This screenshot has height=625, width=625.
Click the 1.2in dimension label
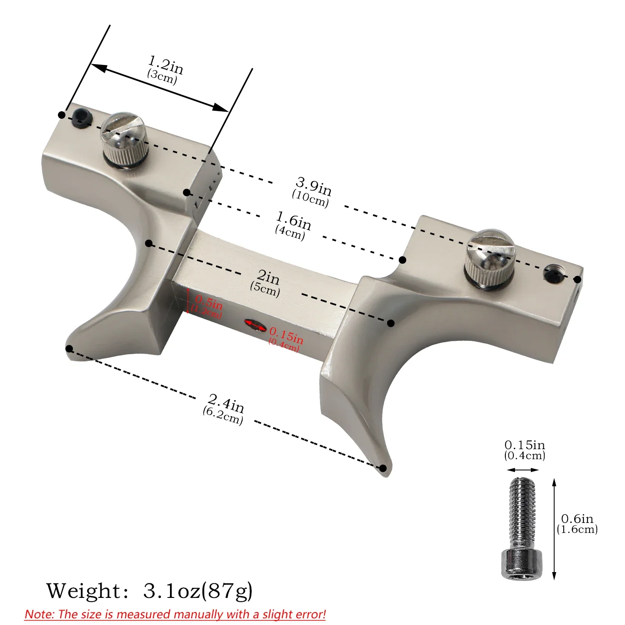(165, 69)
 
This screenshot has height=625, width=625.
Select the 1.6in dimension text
(292, 225)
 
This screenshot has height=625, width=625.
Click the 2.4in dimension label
(224, 408)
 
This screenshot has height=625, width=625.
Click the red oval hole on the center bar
(255, 325)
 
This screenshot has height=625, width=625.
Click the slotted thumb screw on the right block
(490, 257)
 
